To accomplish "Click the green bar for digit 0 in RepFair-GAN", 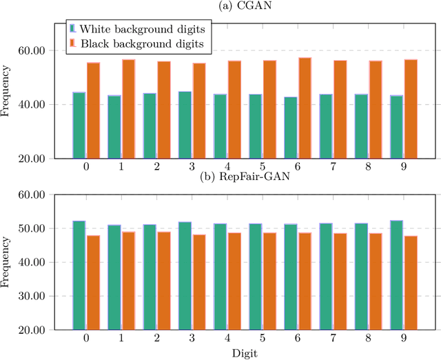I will [79, 275].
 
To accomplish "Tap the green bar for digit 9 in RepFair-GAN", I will [397, 275].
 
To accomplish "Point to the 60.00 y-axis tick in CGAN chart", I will [31, 51].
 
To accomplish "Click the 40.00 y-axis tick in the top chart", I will [31, 105].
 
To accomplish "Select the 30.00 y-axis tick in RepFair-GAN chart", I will [31, 297].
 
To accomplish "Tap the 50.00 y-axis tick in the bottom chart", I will [31, 228].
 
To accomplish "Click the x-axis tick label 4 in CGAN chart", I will [227, 168].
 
